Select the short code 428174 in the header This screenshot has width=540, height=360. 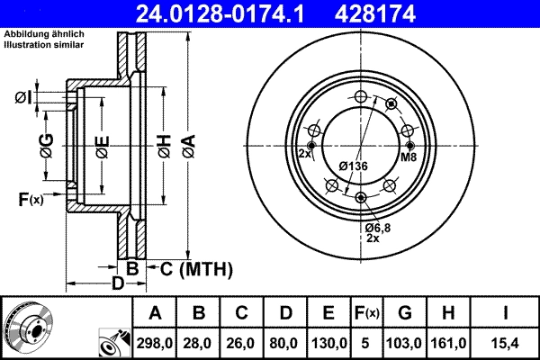tap(418, 14)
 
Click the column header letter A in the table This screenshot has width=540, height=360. tap(155, 313)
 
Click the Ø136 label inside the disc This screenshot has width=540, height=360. tap(353, 166)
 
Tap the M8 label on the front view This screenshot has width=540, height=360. tap(409, 157)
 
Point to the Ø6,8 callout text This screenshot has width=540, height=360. tap(377, 229)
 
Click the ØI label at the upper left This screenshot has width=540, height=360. tap(23, 97)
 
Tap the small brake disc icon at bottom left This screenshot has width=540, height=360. tap(29, 327)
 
